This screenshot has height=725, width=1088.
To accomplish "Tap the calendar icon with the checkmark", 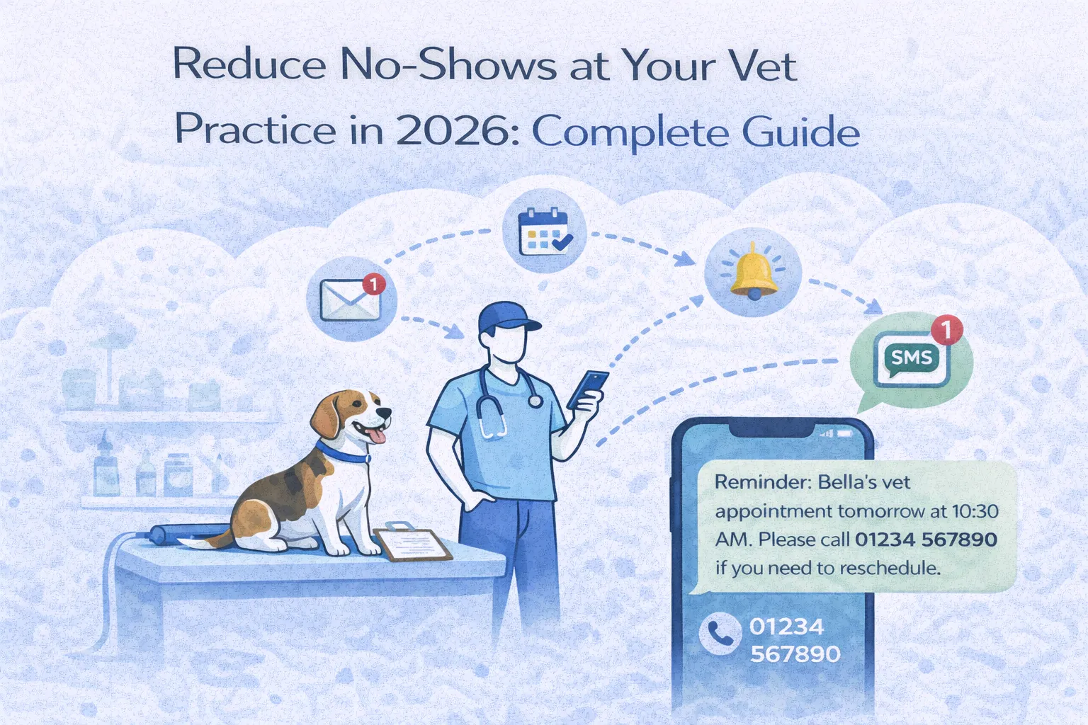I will [544, 232].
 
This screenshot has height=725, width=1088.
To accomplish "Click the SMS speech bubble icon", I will [910, 359].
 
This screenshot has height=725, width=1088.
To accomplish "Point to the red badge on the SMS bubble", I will [948, 329].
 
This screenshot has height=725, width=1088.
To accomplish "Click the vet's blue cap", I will [506, 317].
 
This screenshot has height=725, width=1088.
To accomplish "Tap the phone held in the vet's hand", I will [588, 389].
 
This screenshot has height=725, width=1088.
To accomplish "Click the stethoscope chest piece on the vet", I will [535, 401].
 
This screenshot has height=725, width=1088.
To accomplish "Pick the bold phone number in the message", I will [926, 540].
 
